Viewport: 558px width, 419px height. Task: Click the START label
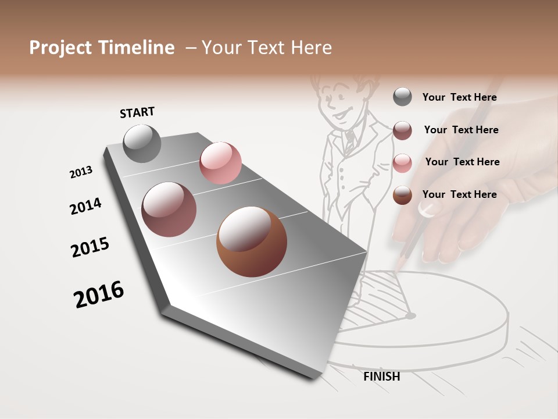coord(137,112)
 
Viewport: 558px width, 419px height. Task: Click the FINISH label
coord(381,377)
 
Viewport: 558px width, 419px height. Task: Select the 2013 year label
coord(81,172)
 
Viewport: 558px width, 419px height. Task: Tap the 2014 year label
coord(85,206)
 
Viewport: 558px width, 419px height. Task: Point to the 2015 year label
coord(90,247)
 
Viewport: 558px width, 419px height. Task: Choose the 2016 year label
coord(99,294)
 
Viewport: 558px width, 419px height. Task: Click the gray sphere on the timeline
coord(142,143)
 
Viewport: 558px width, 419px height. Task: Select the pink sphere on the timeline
coord(220,163)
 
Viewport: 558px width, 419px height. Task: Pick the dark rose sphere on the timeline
coord(169,210)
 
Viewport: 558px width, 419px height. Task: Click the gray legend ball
coord(402,97)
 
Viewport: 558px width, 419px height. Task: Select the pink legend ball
coord(402,163)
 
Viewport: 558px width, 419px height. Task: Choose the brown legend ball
coord(402,195)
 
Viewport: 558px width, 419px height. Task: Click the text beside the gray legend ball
coord(459,97)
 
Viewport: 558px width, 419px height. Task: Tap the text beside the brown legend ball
coord(459,194)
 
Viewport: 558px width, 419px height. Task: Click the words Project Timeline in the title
coord(102,48)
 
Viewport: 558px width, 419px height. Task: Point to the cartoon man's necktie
coord(349,140)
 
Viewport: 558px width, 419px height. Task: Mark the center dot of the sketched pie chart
coord(411,316)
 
